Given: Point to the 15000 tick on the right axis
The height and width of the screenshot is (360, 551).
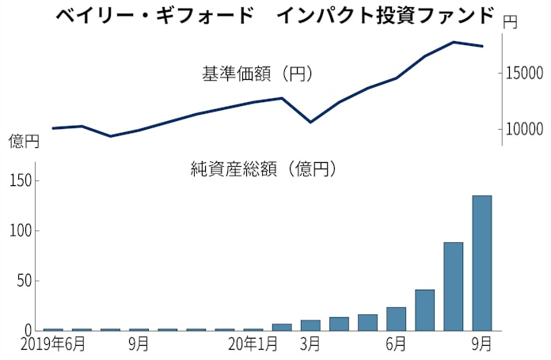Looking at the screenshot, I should pos(524,73).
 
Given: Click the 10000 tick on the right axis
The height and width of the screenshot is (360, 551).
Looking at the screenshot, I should pos(524,129).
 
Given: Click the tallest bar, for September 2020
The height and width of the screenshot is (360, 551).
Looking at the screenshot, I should pos(482,263).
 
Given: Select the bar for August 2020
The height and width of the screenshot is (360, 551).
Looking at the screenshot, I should pos(454,286).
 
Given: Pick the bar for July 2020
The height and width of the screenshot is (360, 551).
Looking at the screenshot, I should pos(425,310).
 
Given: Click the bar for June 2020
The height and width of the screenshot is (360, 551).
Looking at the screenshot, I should pos(396,319).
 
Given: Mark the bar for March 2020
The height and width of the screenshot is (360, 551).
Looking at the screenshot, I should pos(310,325).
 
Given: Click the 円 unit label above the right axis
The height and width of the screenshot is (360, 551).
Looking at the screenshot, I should pos(510,23).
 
